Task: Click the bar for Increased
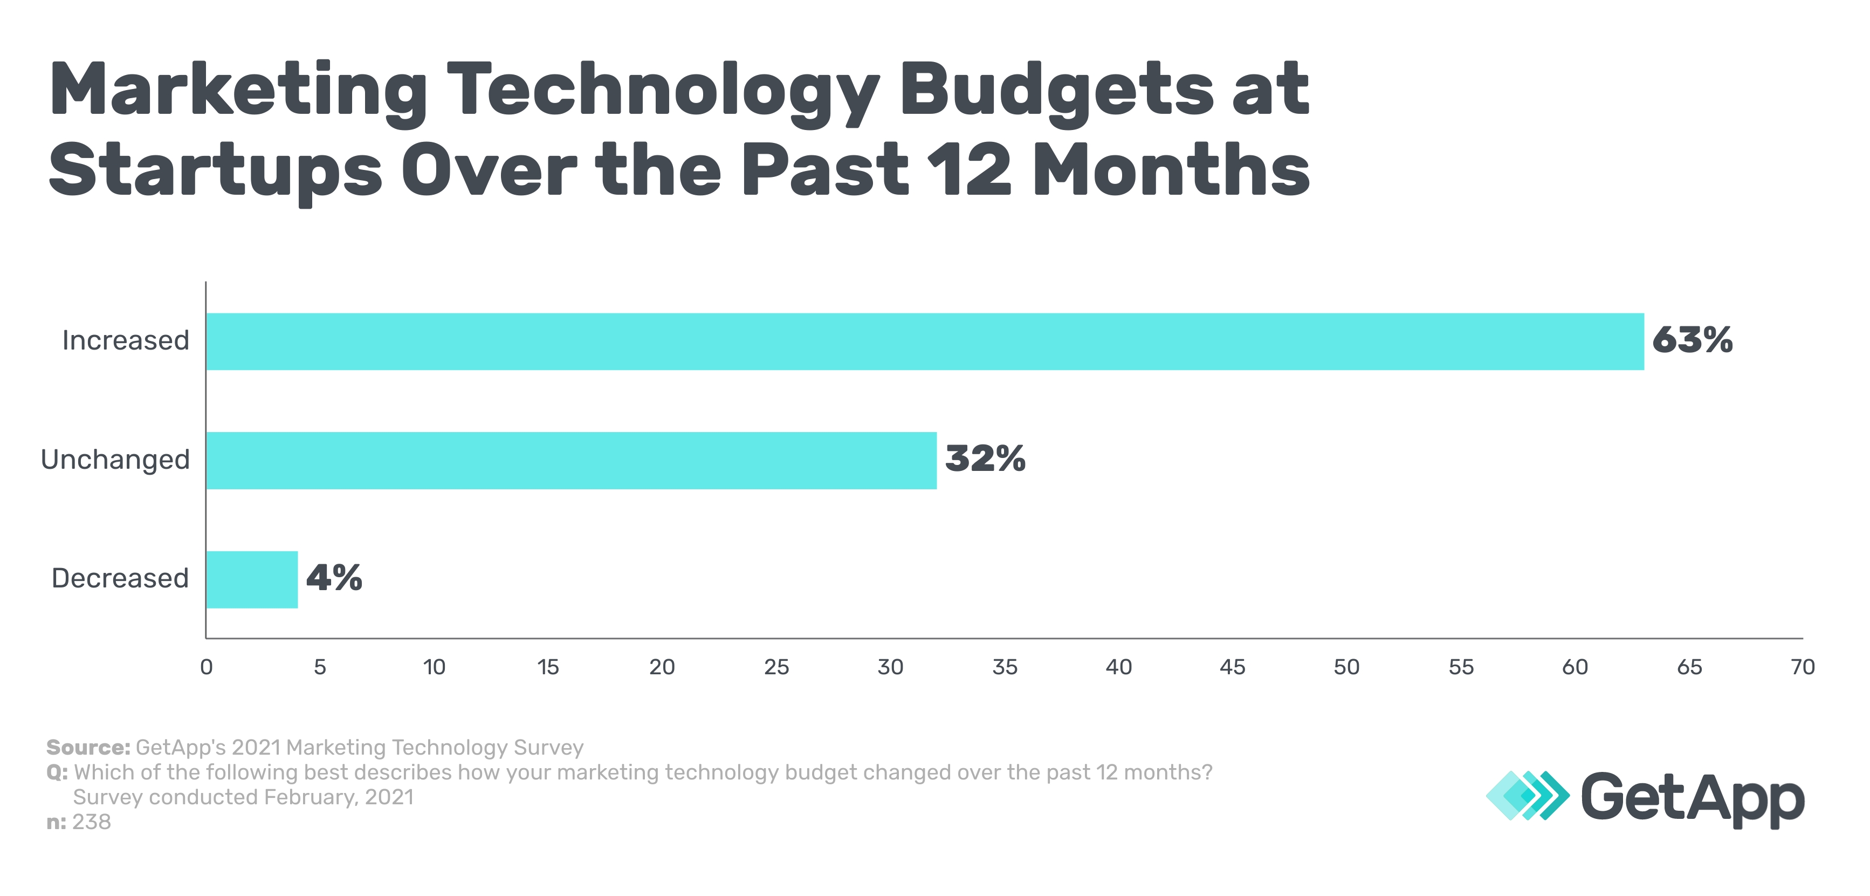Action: (924, 341)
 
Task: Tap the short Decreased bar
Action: (251, 579)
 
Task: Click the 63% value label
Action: (1692, 340)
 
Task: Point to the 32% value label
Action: (985, 459)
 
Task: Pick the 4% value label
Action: (333, 578)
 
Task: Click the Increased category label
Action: (126, 340)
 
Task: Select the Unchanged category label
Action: (115, 460)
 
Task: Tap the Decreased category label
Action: (120, 579)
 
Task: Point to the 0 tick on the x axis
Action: (206, 667)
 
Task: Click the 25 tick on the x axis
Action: (776, 667)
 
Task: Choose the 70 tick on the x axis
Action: (1803, 667)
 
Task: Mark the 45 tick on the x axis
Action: (1233, 667)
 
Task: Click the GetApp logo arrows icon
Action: (1527, 796)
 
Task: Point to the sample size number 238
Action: (92, 822)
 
